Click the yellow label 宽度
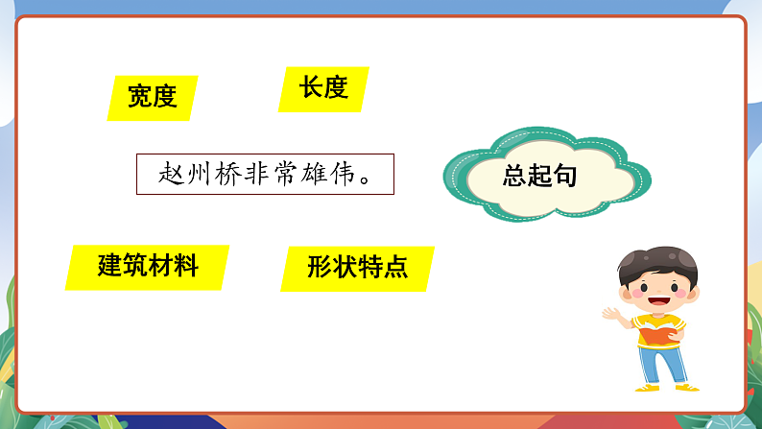(153, 97)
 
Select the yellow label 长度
(322, 88)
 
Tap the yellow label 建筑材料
(148, 266)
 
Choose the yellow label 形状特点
(358, 267)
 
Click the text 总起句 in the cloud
(539, 177)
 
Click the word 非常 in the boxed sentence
(260, 175)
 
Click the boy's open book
(661, 334)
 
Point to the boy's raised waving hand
(610, 314)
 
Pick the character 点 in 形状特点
(395, 267)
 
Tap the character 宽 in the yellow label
(140, 97)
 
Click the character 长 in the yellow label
(310, 88)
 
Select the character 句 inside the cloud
(564, 177)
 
